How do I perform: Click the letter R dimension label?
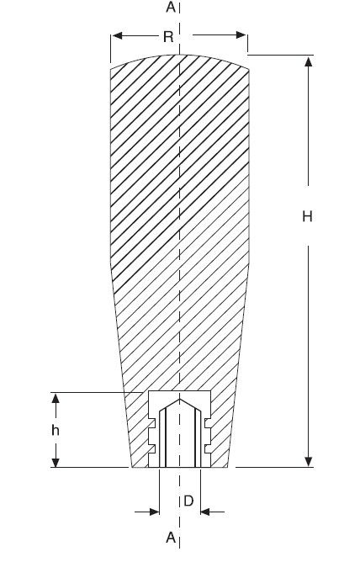pyautogui.click(x=168, y=37)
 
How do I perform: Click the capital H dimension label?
pyautogui.click(x=307, y=216)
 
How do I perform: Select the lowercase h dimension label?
pyautogui.click(x=56, y=430)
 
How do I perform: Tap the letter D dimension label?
pyautogui.click(x=188, y=501)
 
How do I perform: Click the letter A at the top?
pyautogui.click(x=171, y=7)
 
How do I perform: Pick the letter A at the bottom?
pyautogui.click(x=171, y=538)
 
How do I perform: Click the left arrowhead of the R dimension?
pyautogui.click(x=117, y=35)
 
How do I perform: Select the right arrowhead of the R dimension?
pyautogui.click(x=241, y=35)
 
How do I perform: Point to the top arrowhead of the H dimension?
pyautogui.click(x=309, y=61)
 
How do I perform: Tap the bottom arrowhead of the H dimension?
pyautogui.click(x=309, y=462)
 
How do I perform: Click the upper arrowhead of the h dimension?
pyautogui.click(x=56, y=398)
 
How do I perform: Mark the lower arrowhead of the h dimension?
pyautogui.click(x=56, y=462)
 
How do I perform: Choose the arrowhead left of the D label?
pyautogui.click(x=154, y=512)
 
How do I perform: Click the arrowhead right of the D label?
pyautogui.click(x=205, y=512)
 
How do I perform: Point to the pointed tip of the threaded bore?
pyautogui.click(x=179, y=400)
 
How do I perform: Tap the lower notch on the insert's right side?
pyautogui.click(x=207, y=448)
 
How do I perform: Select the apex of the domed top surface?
pyautogui.click(x=179, y=55)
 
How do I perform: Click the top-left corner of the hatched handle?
pyautogui.click(x=110, y=69)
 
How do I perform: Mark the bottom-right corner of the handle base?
pyautogui.click(x=228, y=467)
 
